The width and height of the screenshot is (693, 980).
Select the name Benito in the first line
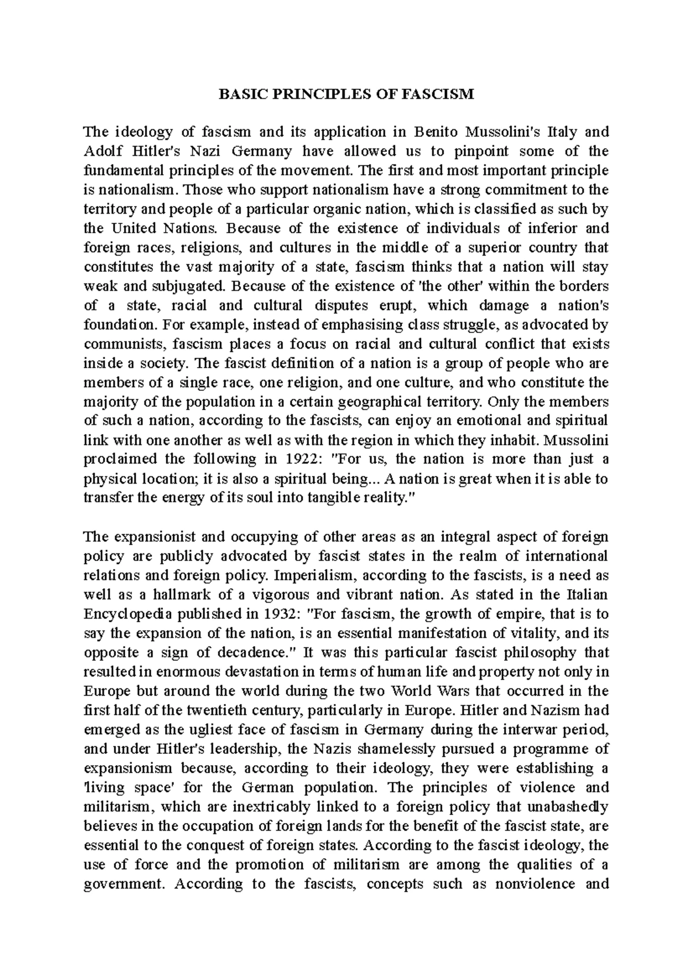pyautogui.click(x=437, y=132)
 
